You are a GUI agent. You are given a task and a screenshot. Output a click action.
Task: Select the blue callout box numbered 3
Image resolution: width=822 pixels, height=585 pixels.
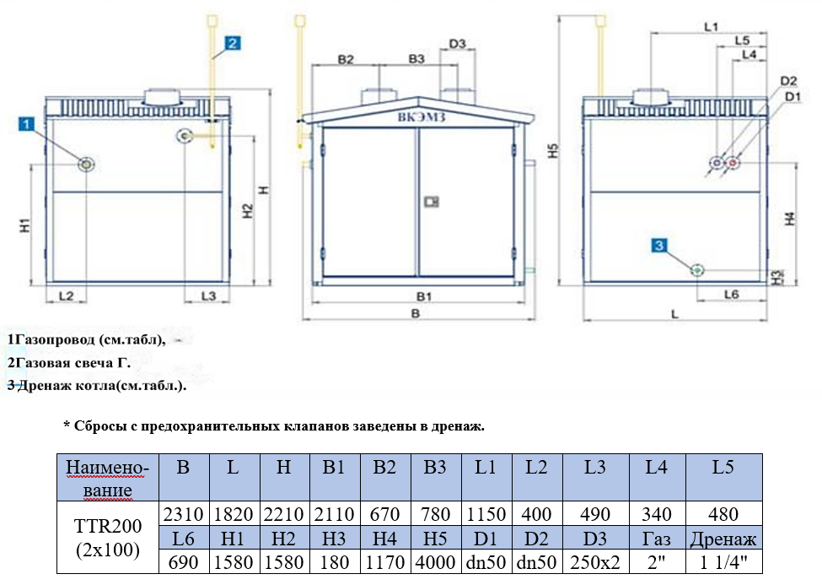[x=660, y=246]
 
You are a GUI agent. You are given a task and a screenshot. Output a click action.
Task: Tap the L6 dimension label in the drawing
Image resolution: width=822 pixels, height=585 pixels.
[x=731, y=294]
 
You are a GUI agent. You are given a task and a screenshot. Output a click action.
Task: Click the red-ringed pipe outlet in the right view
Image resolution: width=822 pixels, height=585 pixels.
[x=733, y=163]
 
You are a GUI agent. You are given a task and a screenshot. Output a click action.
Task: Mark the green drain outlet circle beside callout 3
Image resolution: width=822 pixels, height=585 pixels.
[x=697, y=269]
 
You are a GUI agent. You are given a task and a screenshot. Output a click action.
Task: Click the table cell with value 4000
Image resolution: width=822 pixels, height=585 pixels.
[x=436, y=562]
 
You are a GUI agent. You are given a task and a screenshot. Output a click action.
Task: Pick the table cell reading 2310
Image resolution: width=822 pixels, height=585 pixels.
[x=183, y=514]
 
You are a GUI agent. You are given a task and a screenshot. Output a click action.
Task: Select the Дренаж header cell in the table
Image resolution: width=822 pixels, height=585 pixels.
[x=723, y=539]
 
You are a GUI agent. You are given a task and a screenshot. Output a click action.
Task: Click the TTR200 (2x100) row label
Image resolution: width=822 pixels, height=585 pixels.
[x=107, y=538]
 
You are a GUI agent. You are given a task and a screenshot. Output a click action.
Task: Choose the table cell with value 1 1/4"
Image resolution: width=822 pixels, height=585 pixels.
[x=723, y=562]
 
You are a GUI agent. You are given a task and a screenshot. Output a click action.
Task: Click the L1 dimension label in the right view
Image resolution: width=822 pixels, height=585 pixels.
[x=709, y=27]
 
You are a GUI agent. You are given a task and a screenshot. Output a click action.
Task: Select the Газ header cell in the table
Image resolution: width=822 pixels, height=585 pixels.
[x=657, y=539]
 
